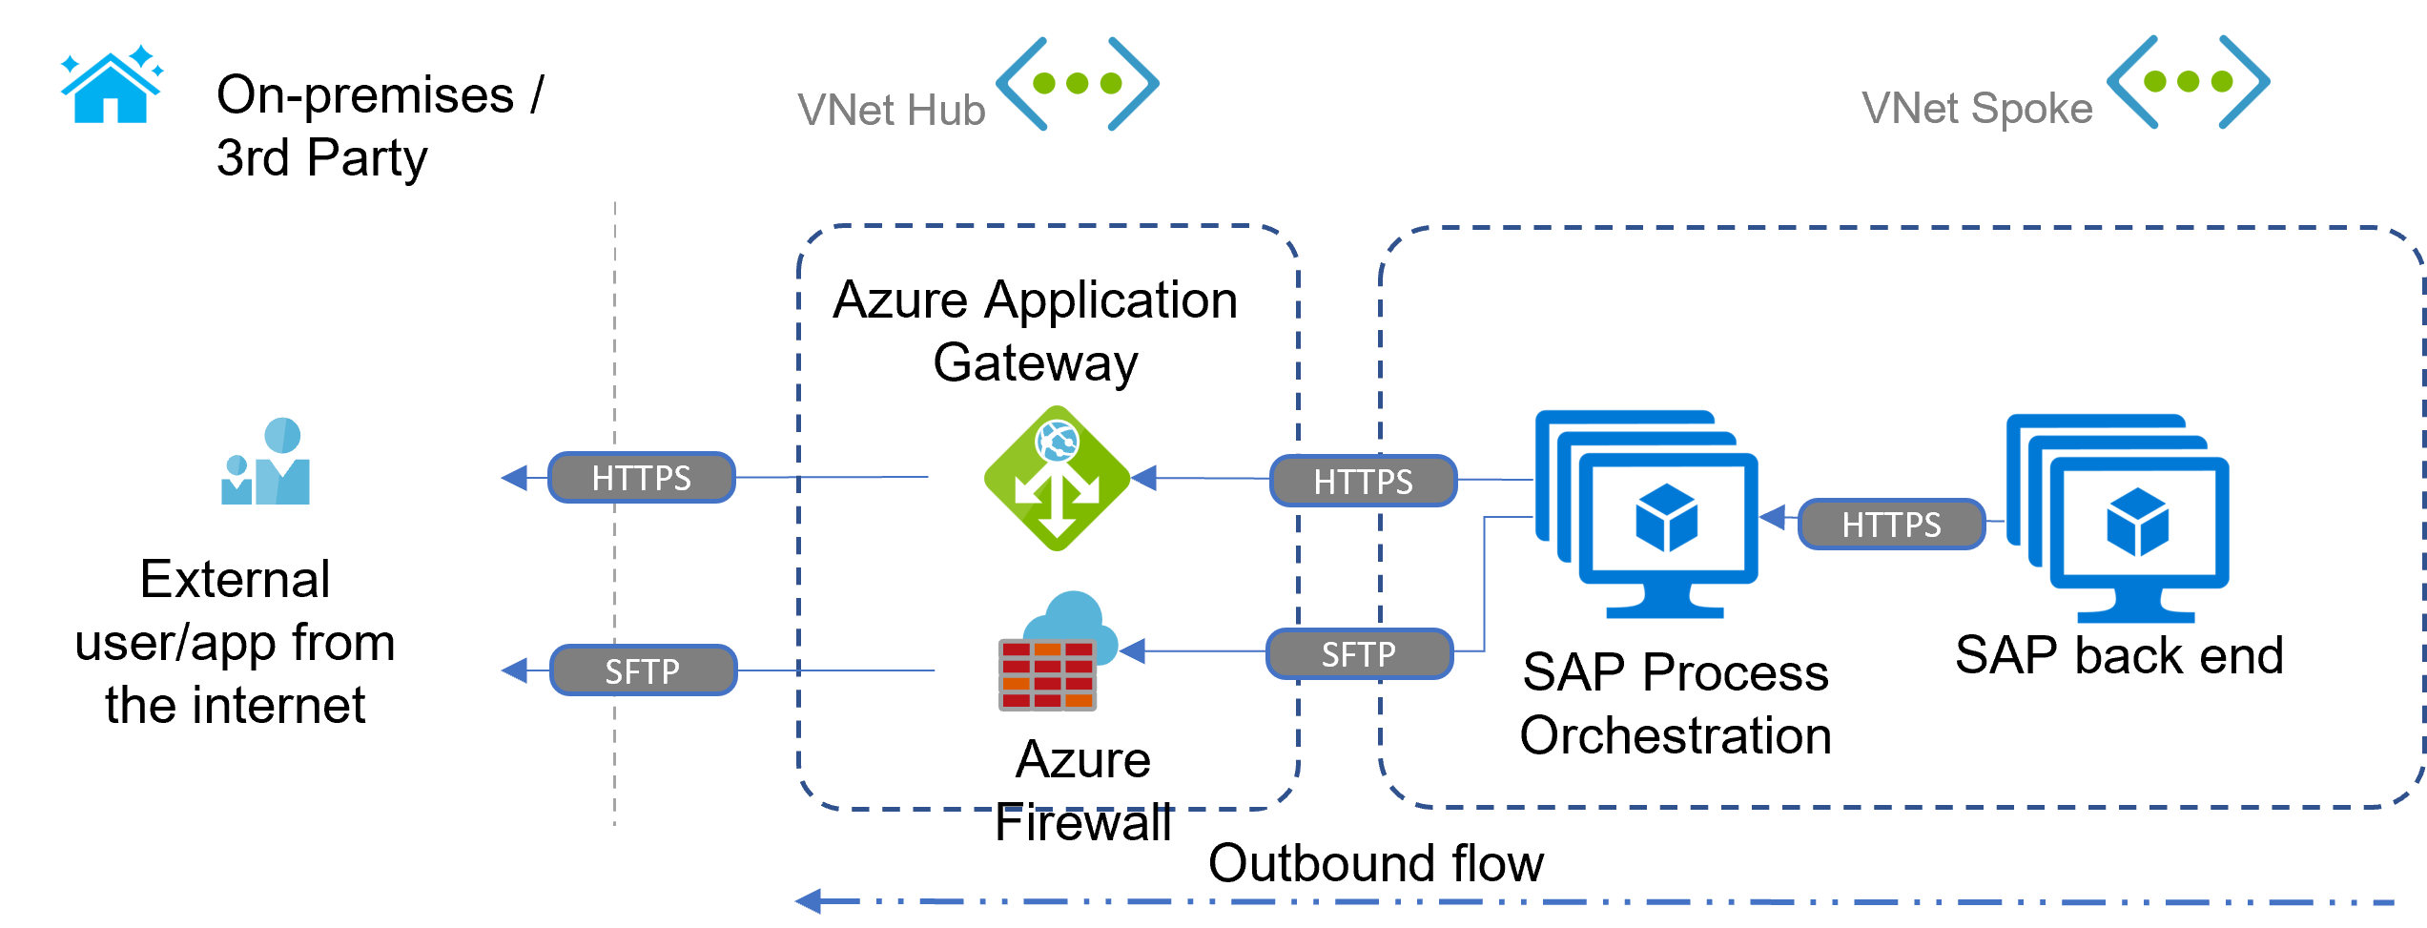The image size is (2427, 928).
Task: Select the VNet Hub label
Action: [891, 111]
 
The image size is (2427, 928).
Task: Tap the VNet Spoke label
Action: [1976, 109]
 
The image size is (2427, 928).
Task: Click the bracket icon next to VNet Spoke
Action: [2189, 82]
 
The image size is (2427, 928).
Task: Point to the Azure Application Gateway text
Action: [1035, 330]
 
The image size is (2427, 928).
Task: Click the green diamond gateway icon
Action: [1057, 479]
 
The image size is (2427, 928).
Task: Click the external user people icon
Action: [266, 463]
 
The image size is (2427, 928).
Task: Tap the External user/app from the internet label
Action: [235, 642]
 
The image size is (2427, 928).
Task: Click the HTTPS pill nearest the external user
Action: [641, 478]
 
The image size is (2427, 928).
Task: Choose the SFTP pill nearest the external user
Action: [643, 670]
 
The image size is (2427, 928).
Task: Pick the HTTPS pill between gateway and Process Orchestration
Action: [1362, 481]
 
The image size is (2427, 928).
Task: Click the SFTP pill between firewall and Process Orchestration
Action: [1359, 654]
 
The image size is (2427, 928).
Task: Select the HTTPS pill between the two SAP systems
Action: [1890, 524]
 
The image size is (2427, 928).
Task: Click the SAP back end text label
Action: [2119, 655]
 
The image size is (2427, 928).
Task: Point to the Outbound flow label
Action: [1375, 863]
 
